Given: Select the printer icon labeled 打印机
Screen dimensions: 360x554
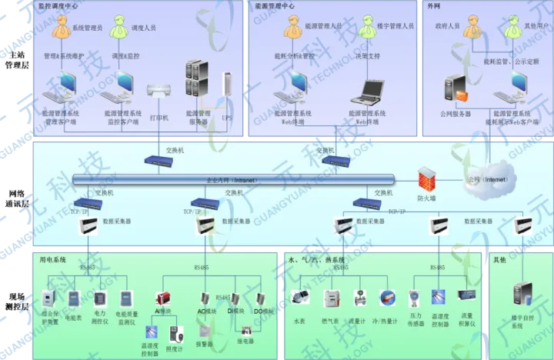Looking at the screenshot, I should click(159, 92).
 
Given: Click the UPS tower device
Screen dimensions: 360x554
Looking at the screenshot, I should click(226, 88).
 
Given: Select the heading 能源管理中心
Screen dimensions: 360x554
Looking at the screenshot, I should click(275, 5).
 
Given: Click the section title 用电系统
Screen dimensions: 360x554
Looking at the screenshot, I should click(54, 260).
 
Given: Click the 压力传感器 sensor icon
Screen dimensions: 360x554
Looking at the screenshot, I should click(415, 296).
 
